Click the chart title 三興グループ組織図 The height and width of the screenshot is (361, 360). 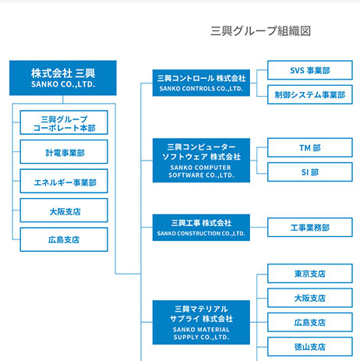[x=260, y=31]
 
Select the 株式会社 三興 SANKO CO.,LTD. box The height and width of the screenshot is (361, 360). [x=63, y=78]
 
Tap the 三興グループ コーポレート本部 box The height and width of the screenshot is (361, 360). [x=64, y=122]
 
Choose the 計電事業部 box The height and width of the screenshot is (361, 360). [x=64, y=152]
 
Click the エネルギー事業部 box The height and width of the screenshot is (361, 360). [x=64, y=181]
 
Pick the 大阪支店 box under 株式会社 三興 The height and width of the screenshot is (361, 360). [x=64, y=211]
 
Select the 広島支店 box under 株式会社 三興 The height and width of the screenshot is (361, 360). [x=64, y=239]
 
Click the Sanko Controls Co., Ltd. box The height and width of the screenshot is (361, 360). [x=201, y=83]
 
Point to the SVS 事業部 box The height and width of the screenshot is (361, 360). [x=310, y=70]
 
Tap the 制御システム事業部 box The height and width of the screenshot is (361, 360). [x=310, y=94]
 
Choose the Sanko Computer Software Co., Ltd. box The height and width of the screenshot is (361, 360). [x=201, y=161]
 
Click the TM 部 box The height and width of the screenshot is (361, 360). [x=310, y=147]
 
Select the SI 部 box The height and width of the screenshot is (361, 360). [x=310, y=172]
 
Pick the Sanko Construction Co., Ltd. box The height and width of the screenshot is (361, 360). [x=201, y=228]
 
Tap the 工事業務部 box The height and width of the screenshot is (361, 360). [x=310, y=228]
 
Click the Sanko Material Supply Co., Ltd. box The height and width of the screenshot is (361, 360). [x=201, y=323]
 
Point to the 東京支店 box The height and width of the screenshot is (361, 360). [x=310, y=274]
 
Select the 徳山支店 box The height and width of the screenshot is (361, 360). [x=310, y=347]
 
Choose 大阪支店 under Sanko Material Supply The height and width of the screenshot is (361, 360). [x=310, y=298]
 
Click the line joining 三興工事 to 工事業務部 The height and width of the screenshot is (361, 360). [x=259, y=228]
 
